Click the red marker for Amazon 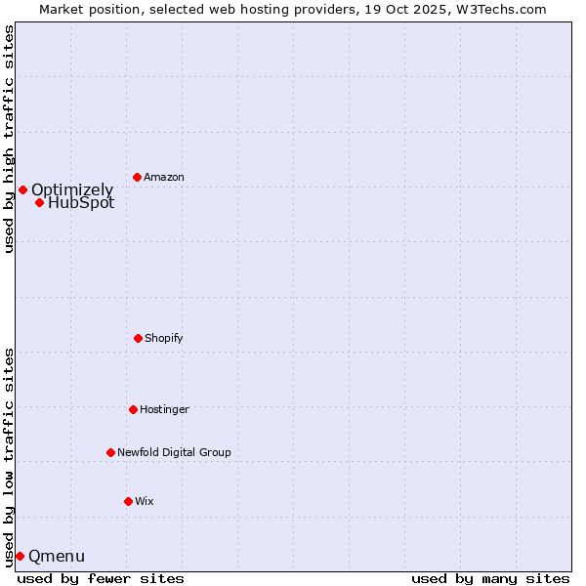[137, 177]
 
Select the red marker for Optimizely [22, 189]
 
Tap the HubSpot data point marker [39, 203]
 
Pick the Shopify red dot [138, 338]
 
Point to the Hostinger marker [133, 409]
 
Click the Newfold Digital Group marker [110, 452]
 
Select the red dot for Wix [128, 501]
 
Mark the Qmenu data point [20, 556]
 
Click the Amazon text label [164, 177]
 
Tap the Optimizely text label [72, 189]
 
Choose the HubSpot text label [81, 203]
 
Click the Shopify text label [164, 338]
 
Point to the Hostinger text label [164, 409]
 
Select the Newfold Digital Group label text [174, 452]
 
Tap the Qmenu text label [57, 557]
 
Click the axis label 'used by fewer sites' [101, 578]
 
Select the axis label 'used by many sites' [490, 578]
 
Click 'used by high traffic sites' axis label [9, 139]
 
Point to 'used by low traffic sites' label [9, 457]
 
